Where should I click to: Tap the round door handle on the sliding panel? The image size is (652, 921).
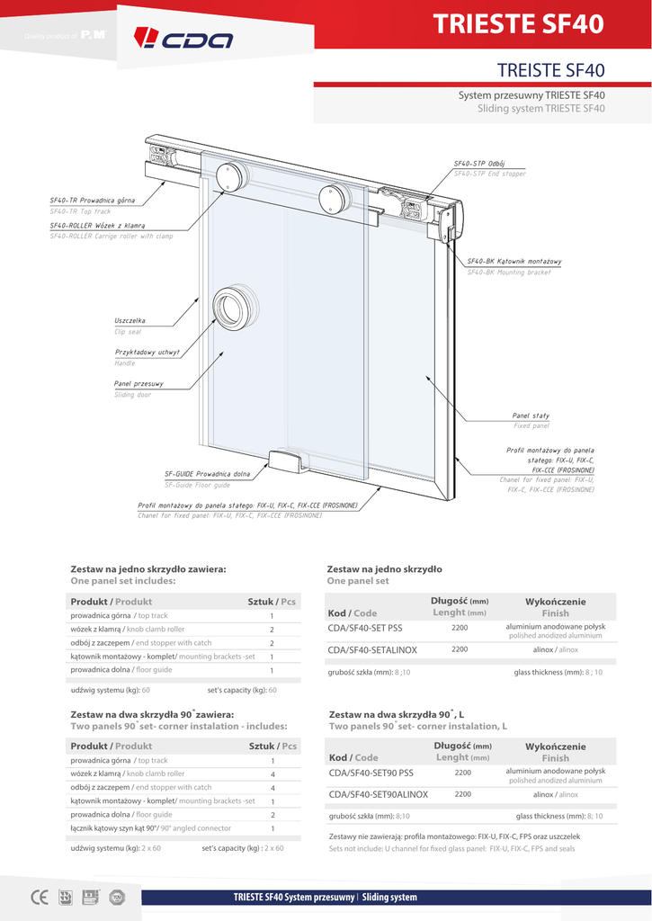[232, 308]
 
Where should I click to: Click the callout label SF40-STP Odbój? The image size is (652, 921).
[479, 163]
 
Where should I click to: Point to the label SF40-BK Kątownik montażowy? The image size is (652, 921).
[514, 261]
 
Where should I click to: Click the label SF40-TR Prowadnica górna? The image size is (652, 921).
[93, 200]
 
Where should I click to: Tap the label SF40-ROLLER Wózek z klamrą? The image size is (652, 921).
[98, 225]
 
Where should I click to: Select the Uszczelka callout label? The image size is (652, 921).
[130, 320]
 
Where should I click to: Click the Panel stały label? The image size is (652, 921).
[531, 416]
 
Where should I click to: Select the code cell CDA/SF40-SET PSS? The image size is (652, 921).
[365, 627]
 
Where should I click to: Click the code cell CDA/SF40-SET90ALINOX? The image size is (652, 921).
[378, 794]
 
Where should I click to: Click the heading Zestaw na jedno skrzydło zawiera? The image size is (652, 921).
[148, 568]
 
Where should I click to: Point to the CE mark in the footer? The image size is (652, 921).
[40, 897]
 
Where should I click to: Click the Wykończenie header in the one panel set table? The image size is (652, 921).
[555, 602]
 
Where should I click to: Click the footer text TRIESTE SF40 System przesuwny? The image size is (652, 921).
[294, 897]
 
